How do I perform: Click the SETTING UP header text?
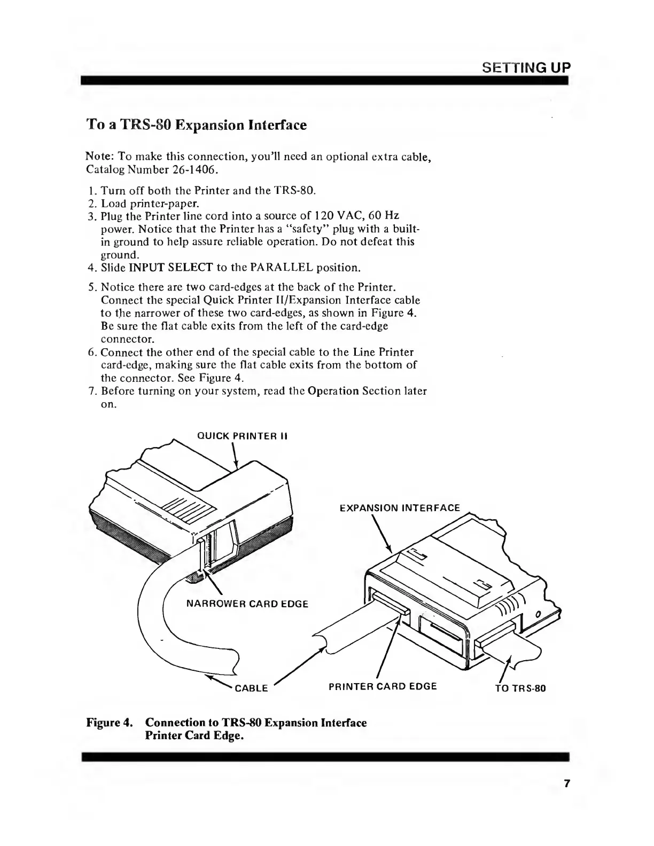click(526, 68)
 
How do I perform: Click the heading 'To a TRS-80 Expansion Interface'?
click(196, 125)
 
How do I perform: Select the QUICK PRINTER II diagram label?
click(243, 436)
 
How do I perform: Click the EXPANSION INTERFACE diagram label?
click(400, 508)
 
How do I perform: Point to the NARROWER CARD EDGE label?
click(247, 604)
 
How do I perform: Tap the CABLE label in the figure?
click(251, 688)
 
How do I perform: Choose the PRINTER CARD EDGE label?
click(379, 686)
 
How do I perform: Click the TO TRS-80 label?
click(520, 688)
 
